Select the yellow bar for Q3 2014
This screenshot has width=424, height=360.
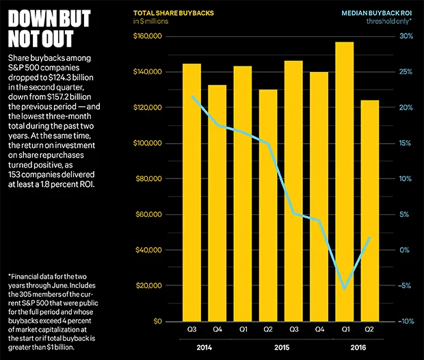[x=191, y=192]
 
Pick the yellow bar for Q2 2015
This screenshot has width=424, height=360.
[x=268, y=205]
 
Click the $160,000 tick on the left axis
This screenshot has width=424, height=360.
[x=147, y=36]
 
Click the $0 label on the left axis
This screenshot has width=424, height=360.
[x=157, y=321]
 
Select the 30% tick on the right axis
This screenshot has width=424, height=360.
[x=405, y=36]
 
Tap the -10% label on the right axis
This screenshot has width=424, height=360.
[x=404, y=321]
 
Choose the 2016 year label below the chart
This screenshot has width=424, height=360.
[x=356, y=347]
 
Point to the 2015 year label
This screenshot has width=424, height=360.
[x=280, y=347]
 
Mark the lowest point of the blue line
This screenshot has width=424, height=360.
[x=345, y=289]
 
